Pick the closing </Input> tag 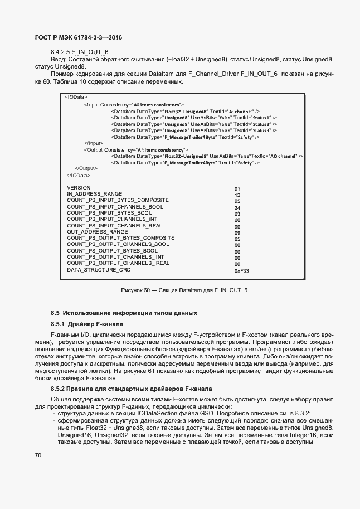tap(93, 143)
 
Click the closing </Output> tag tap(86, 168)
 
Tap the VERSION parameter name tap(79, 188)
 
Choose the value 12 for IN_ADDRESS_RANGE tap(237, 195)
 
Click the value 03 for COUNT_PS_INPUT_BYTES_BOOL tap(237, 214)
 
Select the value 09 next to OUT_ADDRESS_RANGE tap(237, 233)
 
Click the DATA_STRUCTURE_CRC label tap(99, 270)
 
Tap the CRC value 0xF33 tap(241, 271)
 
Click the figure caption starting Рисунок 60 tap(184, 290)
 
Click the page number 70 tap(38, 455)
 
